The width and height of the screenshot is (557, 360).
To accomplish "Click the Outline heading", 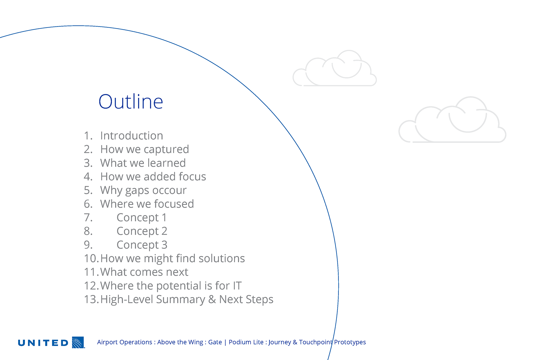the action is tap(131, 102).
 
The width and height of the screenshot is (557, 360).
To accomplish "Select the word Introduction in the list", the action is tap(132, 136).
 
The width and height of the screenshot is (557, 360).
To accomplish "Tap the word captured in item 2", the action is tap(166, 150).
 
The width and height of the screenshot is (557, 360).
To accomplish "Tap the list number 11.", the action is tap(90, 272).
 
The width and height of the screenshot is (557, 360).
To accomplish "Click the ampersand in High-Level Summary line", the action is tap(212, 299).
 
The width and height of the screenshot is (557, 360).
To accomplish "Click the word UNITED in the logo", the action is tap(43, 343).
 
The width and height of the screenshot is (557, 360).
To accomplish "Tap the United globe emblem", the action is tap(78, 342).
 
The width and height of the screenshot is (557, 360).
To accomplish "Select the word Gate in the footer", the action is tap(215, 342).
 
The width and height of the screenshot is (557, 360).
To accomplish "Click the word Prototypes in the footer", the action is tap(350, 342).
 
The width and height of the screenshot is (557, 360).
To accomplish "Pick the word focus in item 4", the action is tap(192, 177).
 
